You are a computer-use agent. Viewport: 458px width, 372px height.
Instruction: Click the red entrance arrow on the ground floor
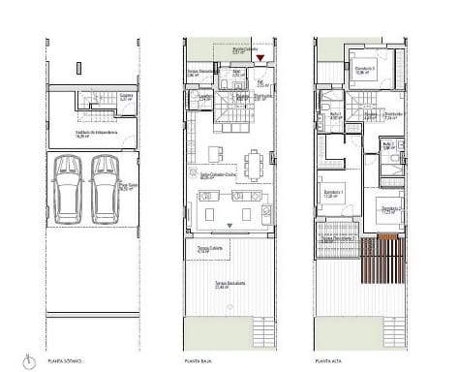260,58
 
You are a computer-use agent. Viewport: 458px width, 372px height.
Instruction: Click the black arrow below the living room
229,225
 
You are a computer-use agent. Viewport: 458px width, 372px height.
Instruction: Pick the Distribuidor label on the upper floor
391,113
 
